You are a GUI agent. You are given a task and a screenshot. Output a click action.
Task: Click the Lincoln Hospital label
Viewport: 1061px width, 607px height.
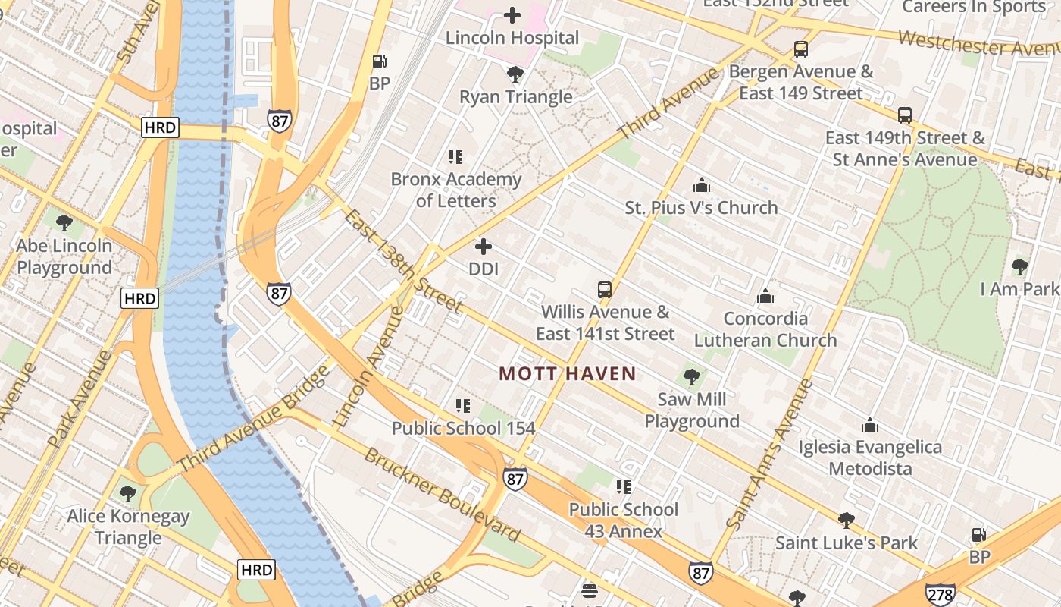(512, 37)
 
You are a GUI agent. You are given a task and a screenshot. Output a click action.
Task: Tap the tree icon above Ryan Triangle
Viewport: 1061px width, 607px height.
(515, 74)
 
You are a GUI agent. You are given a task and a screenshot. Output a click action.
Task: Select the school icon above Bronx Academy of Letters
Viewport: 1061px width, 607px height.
(455, 157)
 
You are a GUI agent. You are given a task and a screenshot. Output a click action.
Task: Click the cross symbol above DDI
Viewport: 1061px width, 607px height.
(484, 247)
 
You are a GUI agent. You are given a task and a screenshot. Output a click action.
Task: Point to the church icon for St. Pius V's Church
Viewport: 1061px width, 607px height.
(702, 185)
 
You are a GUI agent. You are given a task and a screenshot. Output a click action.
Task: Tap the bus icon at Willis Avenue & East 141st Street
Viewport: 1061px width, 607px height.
(604, 290)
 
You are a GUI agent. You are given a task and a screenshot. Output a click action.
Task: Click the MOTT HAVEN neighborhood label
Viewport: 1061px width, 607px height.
(568, 373)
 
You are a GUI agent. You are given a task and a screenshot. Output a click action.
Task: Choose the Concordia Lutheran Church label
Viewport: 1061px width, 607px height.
(765, 329)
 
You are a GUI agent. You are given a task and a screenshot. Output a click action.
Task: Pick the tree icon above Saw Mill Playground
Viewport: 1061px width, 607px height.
(691, 377)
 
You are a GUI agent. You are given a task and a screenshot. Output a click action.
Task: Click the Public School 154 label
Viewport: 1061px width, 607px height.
(463, 428)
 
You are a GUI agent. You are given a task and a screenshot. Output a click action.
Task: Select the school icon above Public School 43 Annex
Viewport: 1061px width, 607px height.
(623, 487)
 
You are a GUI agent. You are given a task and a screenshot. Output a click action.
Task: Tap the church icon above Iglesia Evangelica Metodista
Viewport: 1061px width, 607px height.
(870, 425)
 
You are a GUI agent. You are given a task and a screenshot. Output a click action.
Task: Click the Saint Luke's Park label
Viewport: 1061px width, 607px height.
(846, 543)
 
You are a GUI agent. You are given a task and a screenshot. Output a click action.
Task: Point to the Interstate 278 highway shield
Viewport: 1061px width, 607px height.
(940, 594)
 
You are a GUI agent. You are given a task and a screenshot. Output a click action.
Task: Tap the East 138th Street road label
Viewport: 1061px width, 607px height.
(402, 262)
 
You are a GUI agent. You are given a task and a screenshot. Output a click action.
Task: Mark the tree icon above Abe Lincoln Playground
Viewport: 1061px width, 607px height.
(64, 223)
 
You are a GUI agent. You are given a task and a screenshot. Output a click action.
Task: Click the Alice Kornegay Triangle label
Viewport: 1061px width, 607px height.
(128, 527)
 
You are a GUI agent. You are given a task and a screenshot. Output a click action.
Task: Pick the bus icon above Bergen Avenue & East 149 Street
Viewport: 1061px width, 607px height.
(801, 50)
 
